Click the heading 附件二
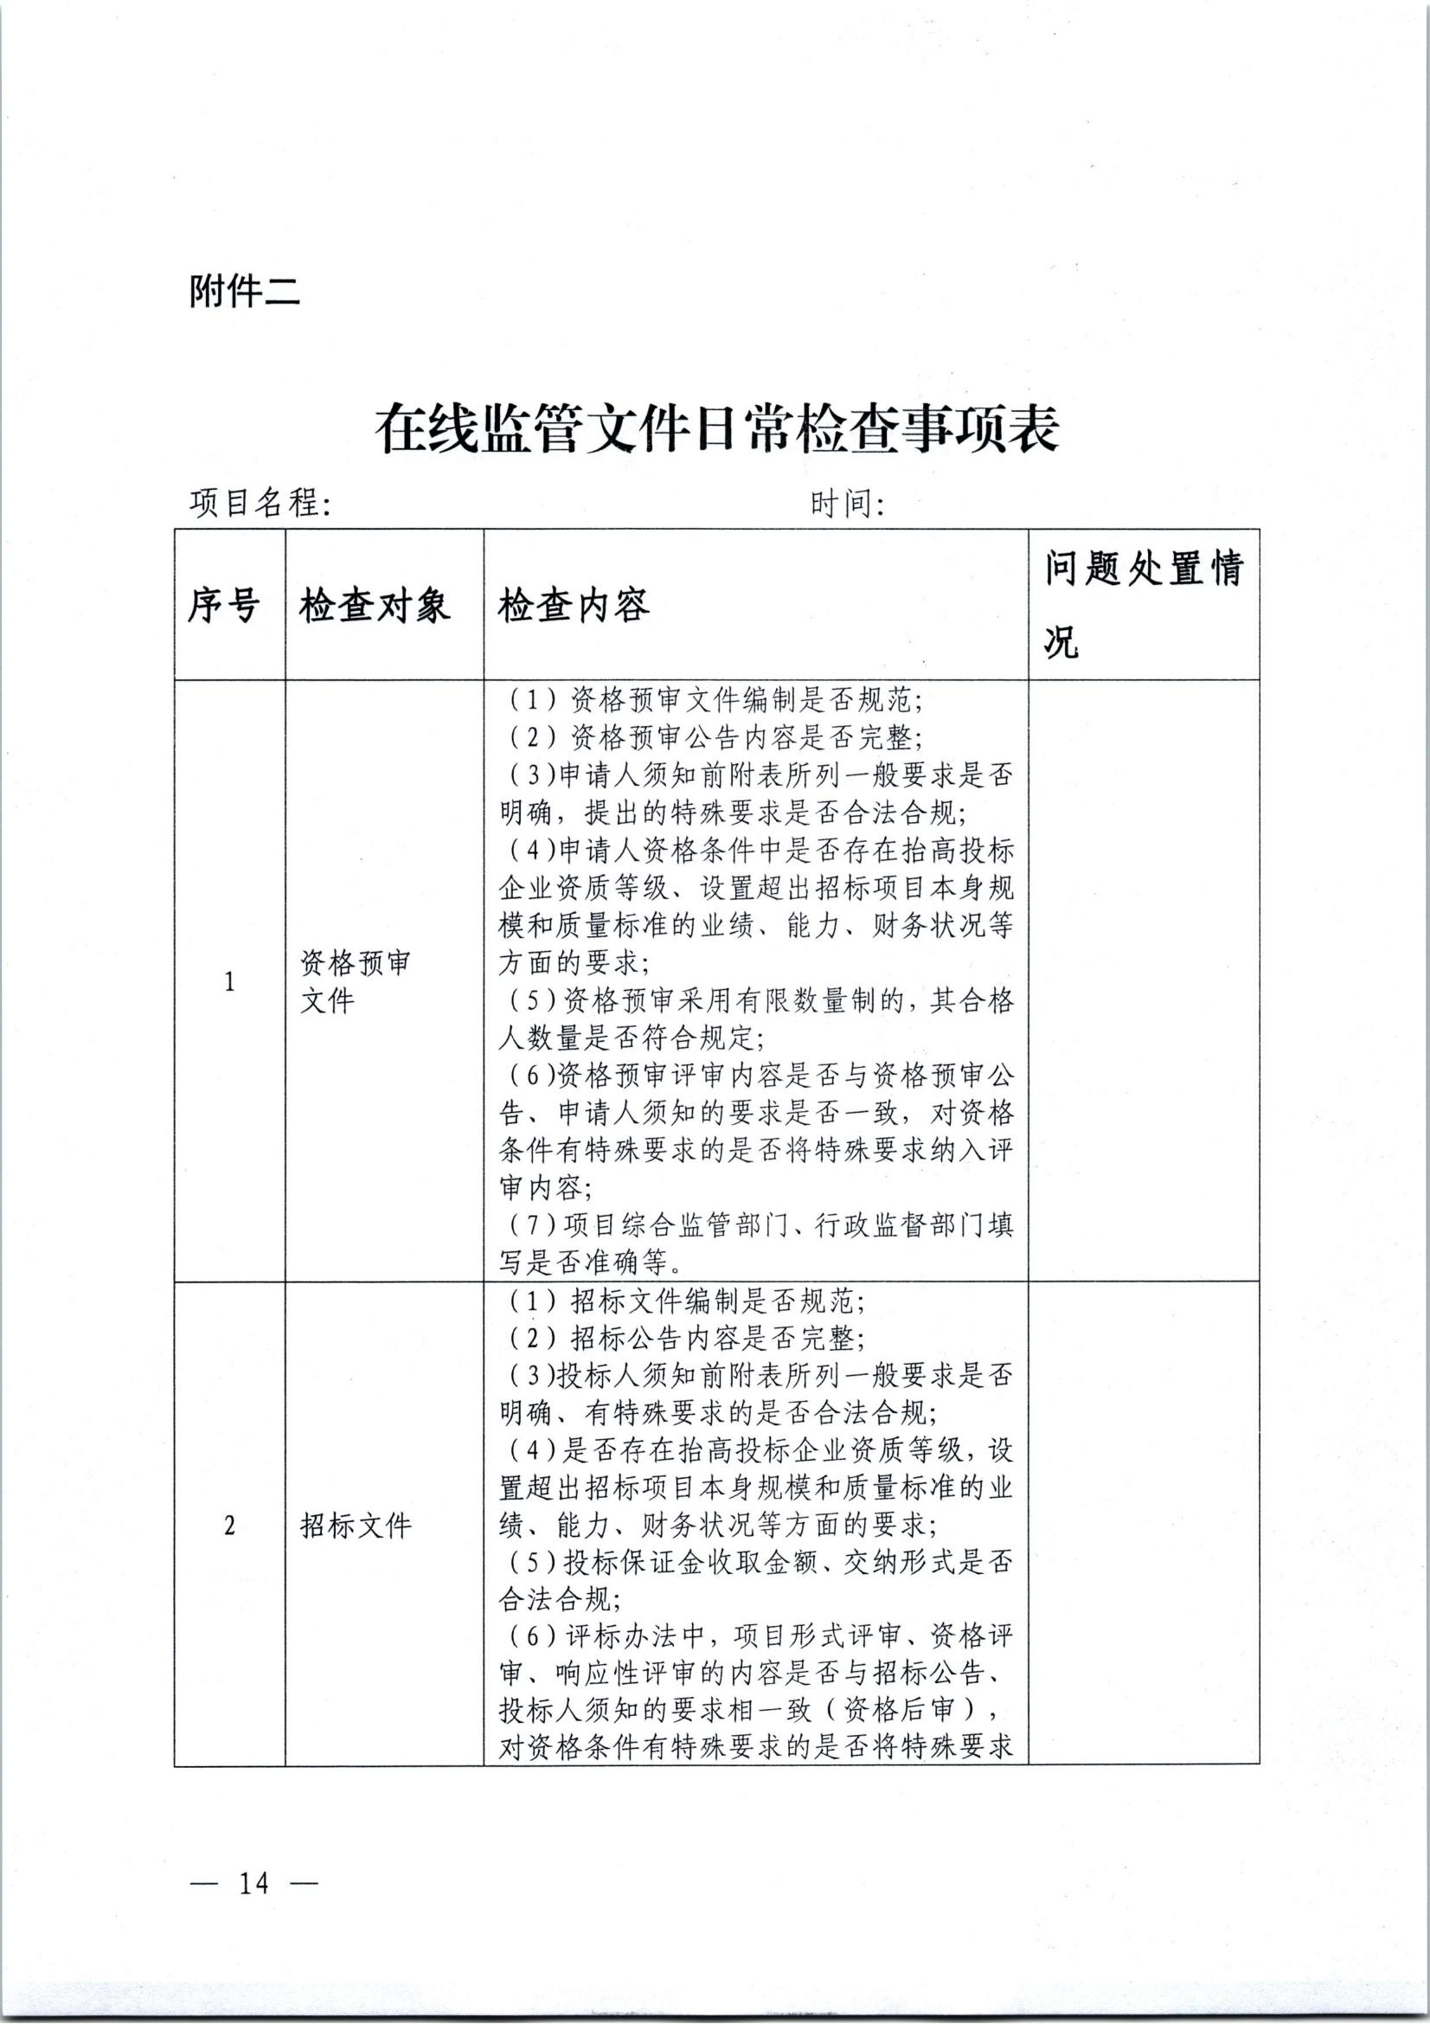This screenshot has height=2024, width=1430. click(244, 291)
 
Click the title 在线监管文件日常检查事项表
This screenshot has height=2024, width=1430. click(716, 429)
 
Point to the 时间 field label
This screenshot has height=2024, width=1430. click(847, 504)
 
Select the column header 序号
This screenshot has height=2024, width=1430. click(224, 606)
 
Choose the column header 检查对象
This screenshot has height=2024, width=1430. click(375, 606)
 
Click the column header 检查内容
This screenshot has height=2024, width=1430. click(574, 606)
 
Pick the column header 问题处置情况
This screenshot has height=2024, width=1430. click(1143, 605)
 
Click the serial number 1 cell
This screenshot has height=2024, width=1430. click(230, 981)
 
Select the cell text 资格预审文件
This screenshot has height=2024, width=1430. click(355, 981)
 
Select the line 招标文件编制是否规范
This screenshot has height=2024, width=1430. click(687, 1301)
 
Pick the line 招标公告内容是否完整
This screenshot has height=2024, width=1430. click(687, 1338)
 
